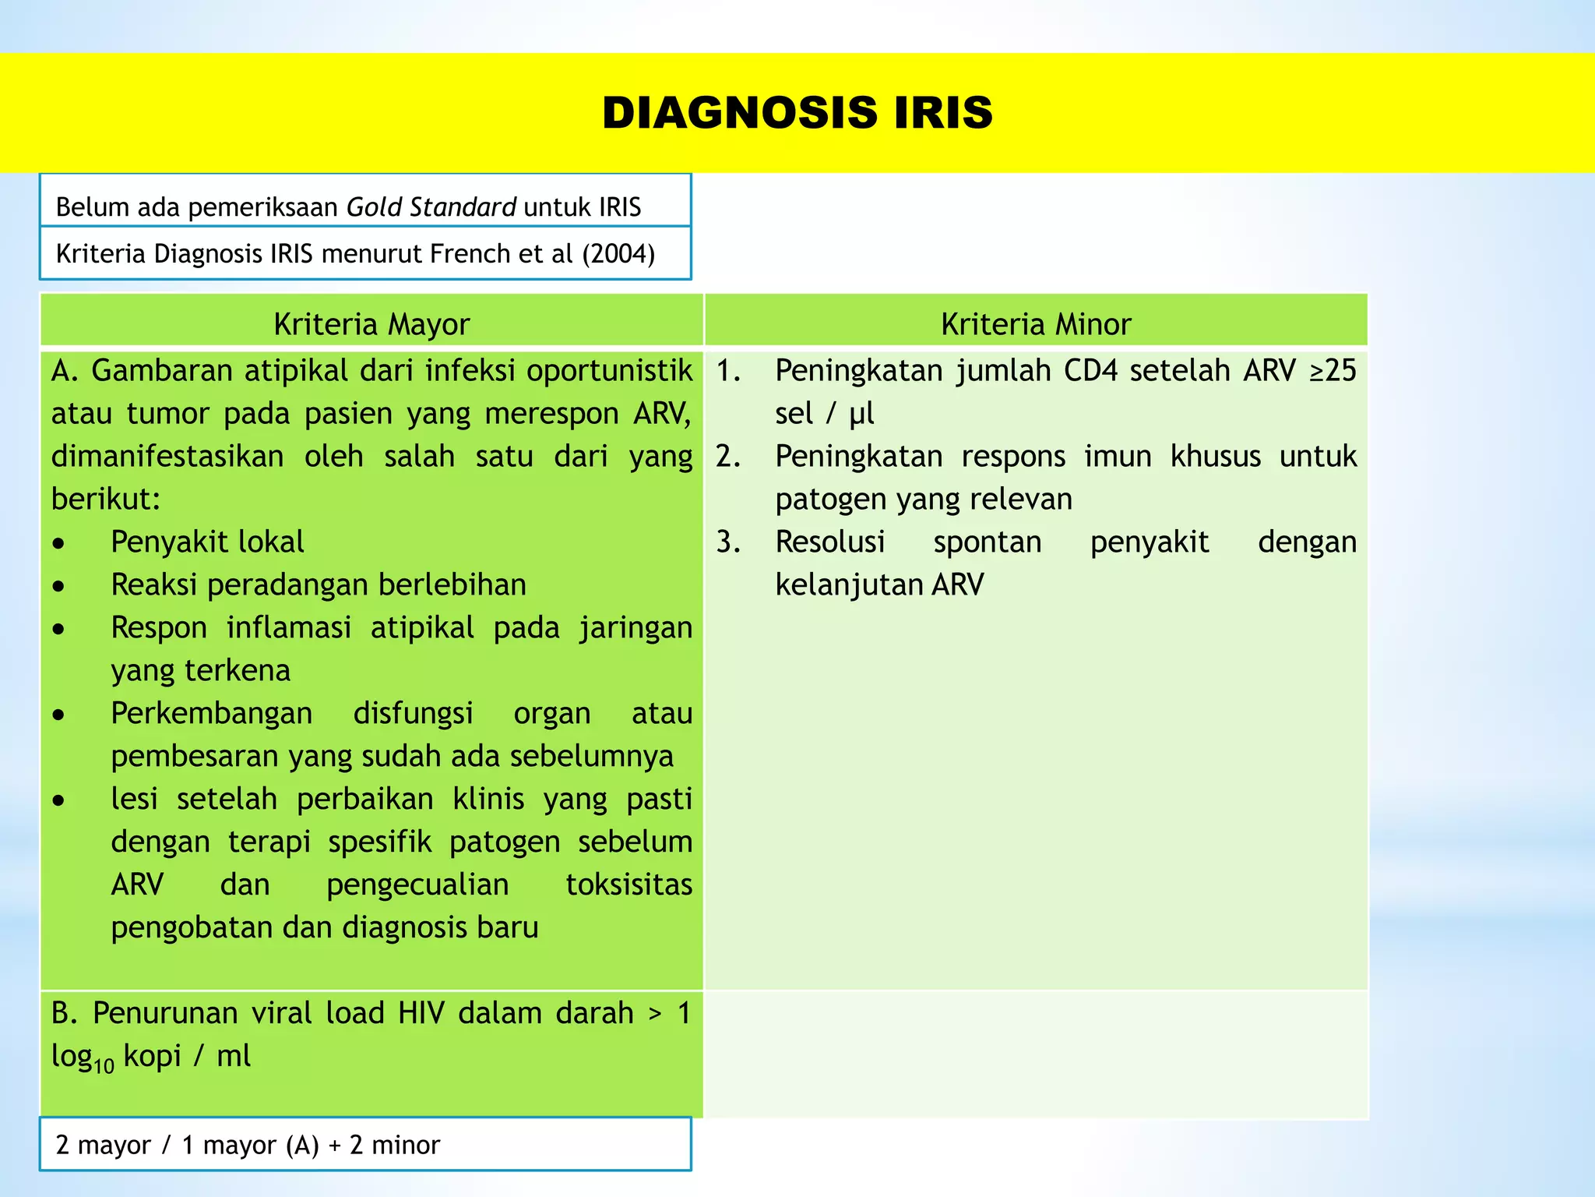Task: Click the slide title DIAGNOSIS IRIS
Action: click(797, 112)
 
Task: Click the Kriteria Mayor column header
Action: click(371, 324)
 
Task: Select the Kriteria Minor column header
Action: click(1035, 324)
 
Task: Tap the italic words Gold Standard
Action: click(431, 207)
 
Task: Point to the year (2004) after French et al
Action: click(618, 254)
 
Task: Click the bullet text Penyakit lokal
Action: click(207, 542)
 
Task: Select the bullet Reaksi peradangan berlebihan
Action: click(319, 584)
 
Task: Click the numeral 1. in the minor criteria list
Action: click(728, 370)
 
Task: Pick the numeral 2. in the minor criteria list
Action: click(728, 456)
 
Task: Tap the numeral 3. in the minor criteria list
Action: click(728, 542)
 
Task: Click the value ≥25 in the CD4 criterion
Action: click(1333, 370)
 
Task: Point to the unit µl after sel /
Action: click(861, 414)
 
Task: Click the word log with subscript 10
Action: click(82, 1058)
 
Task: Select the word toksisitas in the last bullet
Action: click(628, 885)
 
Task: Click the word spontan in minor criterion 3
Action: click(987, 542)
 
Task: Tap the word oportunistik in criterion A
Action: click(609, 370)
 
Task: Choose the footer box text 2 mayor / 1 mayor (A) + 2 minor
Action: click(248, 1145)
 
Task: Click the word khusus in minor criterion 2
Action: click(1215, 456)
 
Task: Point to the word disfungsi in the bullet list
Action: click(413, 713)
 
